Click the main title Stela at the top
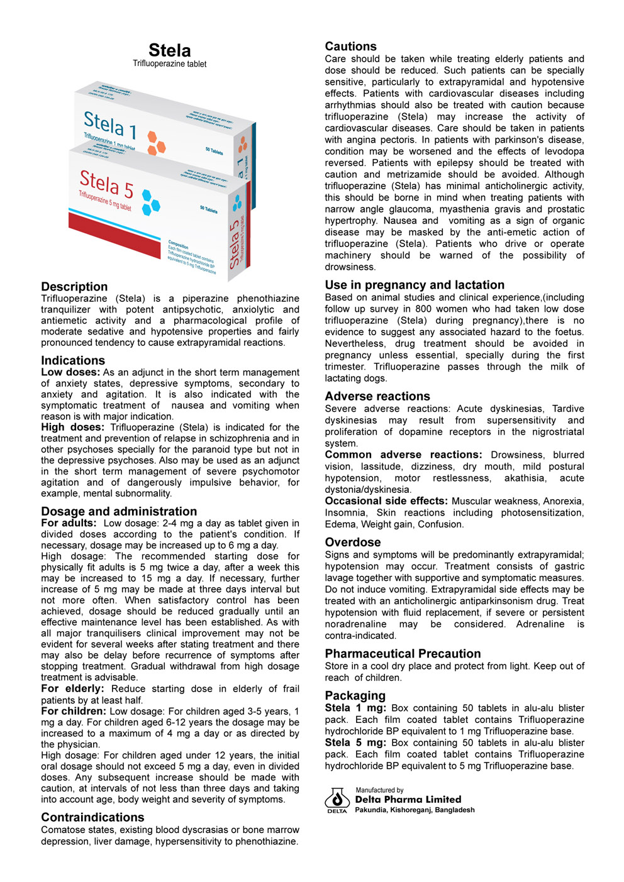169,50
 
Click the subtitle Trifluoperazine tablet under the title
169,63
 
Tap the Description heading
74,287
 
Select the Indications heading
73,360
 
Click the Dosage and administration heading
119,511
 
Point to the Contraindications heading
92,817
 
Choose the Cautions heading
350,47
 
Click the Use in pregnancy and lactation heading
415,285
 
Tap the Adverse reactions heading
377,396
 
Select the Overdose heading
352,542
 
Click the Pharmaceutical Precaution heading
403,654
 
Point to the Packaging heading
355,695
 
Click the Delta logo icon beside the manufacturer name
337,800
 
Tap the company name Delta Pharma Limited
408,800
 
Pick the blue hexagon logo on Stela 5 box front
150,200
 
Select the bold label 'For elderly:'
72,689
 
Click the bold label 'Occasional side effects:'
386,501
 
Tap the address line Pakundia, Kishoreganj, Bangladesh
415,810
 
